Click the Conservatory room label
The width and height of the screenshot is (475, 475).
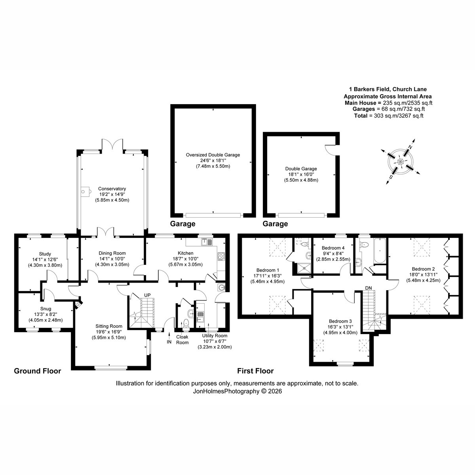[112, 188]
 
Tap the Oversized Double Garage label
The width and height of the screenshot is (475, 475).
[213, 155]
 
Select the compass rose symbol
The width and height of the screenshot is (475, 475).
[400, 162]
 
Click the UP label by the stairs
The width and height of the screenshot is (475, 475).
[147, 295]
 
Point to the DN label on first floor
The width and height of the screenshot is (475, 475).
[368, 288]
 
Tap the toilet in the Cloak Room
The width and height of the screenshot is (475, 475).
[186, 323]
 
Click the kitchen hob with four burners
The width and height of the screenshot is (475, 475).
[221, 256]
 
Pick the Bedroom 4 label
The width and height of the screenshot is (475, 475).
[333, 248]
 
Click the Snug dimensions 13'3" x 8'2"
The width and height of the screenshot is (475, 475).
[46, 314]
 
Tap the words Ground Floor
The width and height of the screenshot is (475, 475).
[38, 371]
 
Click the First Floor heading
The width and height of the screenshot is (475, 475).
[255, 371]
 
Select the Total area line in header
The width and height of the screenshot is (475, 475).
[389, 116]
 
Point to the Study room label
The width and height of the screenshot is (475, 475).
[45, 254]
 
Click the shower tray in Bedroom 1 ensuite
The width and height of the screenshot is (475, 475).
[305, 268]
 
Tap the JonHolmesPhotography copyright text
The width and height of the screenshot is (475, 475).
[237, 391]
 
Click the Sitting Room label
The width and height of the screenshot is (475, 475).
[109, 326]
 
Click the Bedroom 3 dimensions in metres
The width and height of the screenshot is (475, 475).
[340, 332]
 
